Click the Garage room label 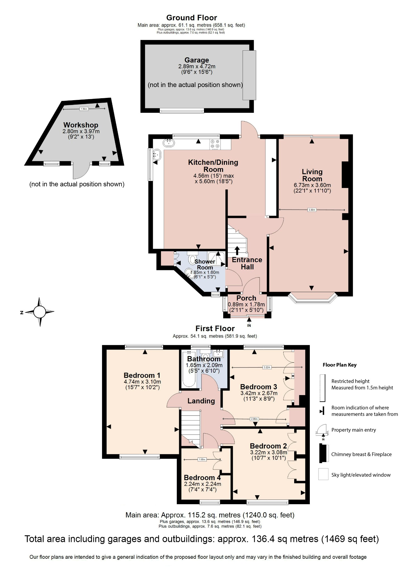pyautogui.click(x=196, y=60)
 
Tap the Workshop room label pyautogui.click(x=81, y=125)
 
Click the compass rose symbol pyautogui.click(x=39, y=312)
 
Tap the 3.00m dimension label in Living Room pyautogui.click(x=312, y=210)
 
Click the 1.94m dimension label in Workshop pyautogui.click(x=84, y=109)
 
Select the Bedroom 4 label pyautogui.click(x=202, y=477)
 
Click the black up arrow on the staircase pyautogui.click(x=237, y=250)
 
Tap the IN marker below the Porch pyautogui.click(x=249, y=325)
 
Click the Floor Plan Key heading pyautogui.click(x=339, y=365)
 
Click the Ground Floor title pyautogui.click(x=191, y=18)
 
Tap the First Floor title pyautogui.click(x=215, y=328)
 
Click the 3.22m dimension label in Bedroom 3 pyautogui.click(x=267, y=367)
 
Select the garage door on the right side pyautogui.click(x=249, y=75)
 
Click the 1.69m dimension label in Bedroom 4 pyautogui.click(x=202, y=459)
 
